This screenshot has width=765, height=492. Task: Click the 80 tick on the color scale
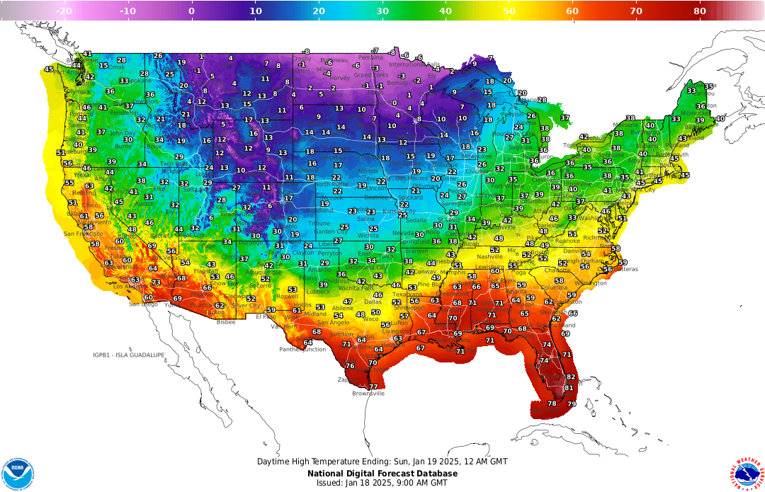pyautogui.click(x=699, y=11)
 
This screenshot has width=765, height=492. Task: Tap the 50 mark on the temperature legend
pyautogui.click(x=509, y=11)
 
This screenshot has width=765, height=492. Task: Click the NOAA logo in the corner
pyautogui.click(x=18, y=474)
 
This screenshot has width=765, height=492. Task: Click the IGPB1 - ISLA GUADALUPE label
pyautogui.click(x=129, y=355)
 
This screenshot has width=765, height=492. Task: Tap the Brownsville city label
pyautogui.click(x=368, y=394)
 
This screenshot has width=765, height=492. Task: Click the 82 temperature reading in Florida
pyautogui.click(x=571, y=377)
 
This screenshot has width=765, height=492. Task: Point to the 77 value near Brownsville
pyautogui.click(x=373, y=387)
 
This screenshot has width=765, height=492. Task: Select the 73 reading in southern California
pyautogui.click(x=157, y=282)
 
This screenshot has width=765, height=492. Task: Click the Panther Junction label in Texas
pyautogui.click(x=302, y=349)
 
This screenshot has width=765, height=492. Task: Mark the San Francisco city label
pyautogui.click(x=80, y=234)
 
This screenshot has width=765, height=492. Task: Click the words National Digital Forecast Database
pyautogui.click(x=382, y=474)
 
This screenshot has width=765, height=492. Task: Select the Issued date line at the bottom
pyautogui.click(x=382, y=483)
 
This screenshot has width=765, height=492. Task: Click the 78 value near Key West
pyautogui.click(x=552, y=404)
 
